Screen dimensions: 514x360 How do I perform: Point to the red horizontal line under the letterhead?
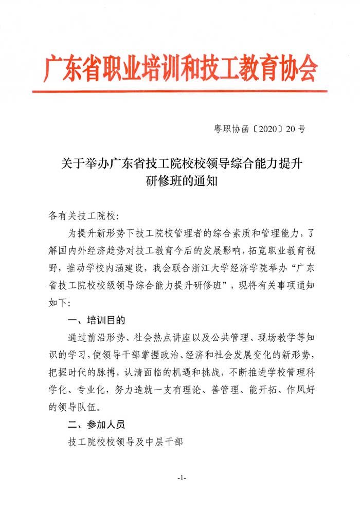(x=179, y=91)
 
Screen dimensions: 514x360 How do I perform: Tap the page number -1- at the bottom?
(x=181, y=478)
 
